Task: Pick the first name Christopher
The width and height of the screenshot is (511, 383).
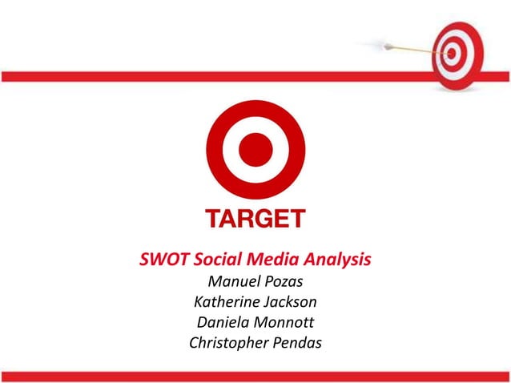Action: point(227,345)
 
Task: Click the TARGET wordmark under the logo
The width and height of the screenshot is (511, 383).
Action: point(255,218)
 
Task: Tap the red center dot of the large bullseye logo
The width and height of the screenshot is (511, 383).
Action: point(256,150)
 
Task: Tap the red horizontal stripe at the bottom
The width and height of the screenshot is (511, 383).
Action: point(255,376)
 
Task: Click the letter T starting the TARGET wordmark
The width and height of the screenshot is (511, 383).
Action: point(214,218)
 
